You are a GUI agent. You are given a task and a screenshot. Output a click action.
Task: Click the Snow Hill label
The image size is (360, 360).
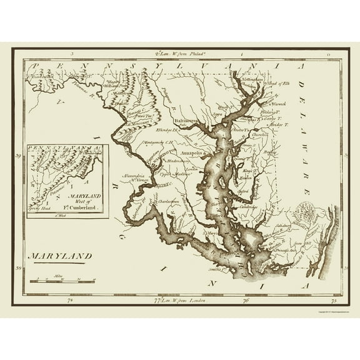point(303,240)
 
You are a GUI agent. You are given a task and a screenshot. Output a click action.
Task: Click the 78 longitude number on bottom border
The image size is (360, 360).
point(70,300)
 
